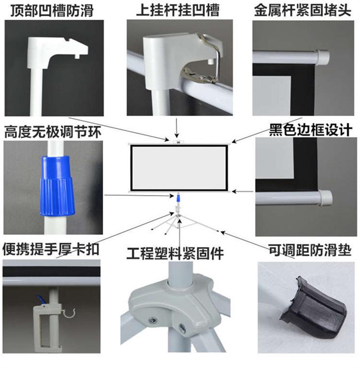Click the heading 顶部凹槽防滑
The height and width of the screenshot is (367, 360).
(52, 11)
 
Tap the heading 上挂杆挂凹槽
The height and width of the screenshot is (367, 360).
(178, 10)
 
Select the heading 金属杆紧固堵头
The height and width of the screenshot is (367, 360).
(302, 11)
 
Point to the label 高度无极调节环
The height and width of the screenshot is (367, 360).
(53, 132)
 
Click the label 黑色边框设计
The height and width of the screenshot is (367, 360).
(311, 130)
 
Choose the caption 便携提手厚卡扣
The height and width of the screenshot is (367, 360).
(51, 249)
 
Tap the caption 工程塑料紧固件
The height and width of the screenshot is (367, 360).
(175, 253)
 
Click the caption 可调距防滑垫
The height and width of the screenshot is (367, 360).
(310, 250)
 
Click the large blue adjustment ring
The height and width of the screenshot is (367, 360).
(57, 186)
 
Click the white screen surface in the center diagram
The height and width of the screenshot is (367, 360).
(179, 167)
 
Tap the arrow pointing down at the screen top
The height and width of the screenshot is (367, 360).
(177, 128)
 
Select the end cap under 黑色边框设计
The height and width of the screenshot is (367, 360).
(325, 198)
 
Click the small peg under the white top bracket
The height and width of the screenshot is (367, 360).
(76, 57)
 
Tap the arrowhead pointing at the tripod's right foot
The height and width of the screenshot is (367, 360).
(223, 233)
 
